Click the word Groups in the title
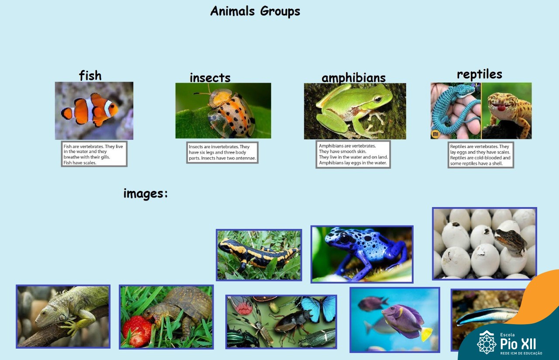pyautogui.click(x=280, y=11)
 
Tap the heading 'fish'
pyautogui.click(x=90, y=76)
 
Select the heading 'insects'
pyautogui.click(x=210, y=77)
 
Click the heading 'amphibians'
pyautogui.click(x=353, y=78)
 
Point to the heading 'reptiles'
pyautogui.click(x=480, y=74)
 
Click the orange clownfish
pyautogui.click(x=90, y=110)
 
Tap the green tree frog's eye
pyautogui.click(x=378, y=99)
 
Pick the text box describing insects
pyautogui.click(x=222, y=152)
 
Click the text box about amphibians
pyautogui.click(x=353, y=154)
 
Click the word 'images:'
pyautogui.click(x=145, y=194)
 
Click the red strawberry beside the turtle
pyautogui.click(x=137, y=331)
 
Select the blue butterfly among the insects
pyautogui.click(x=318, y=308)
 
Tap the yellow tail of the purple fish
pyautogui.click(x=427, y=334)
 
